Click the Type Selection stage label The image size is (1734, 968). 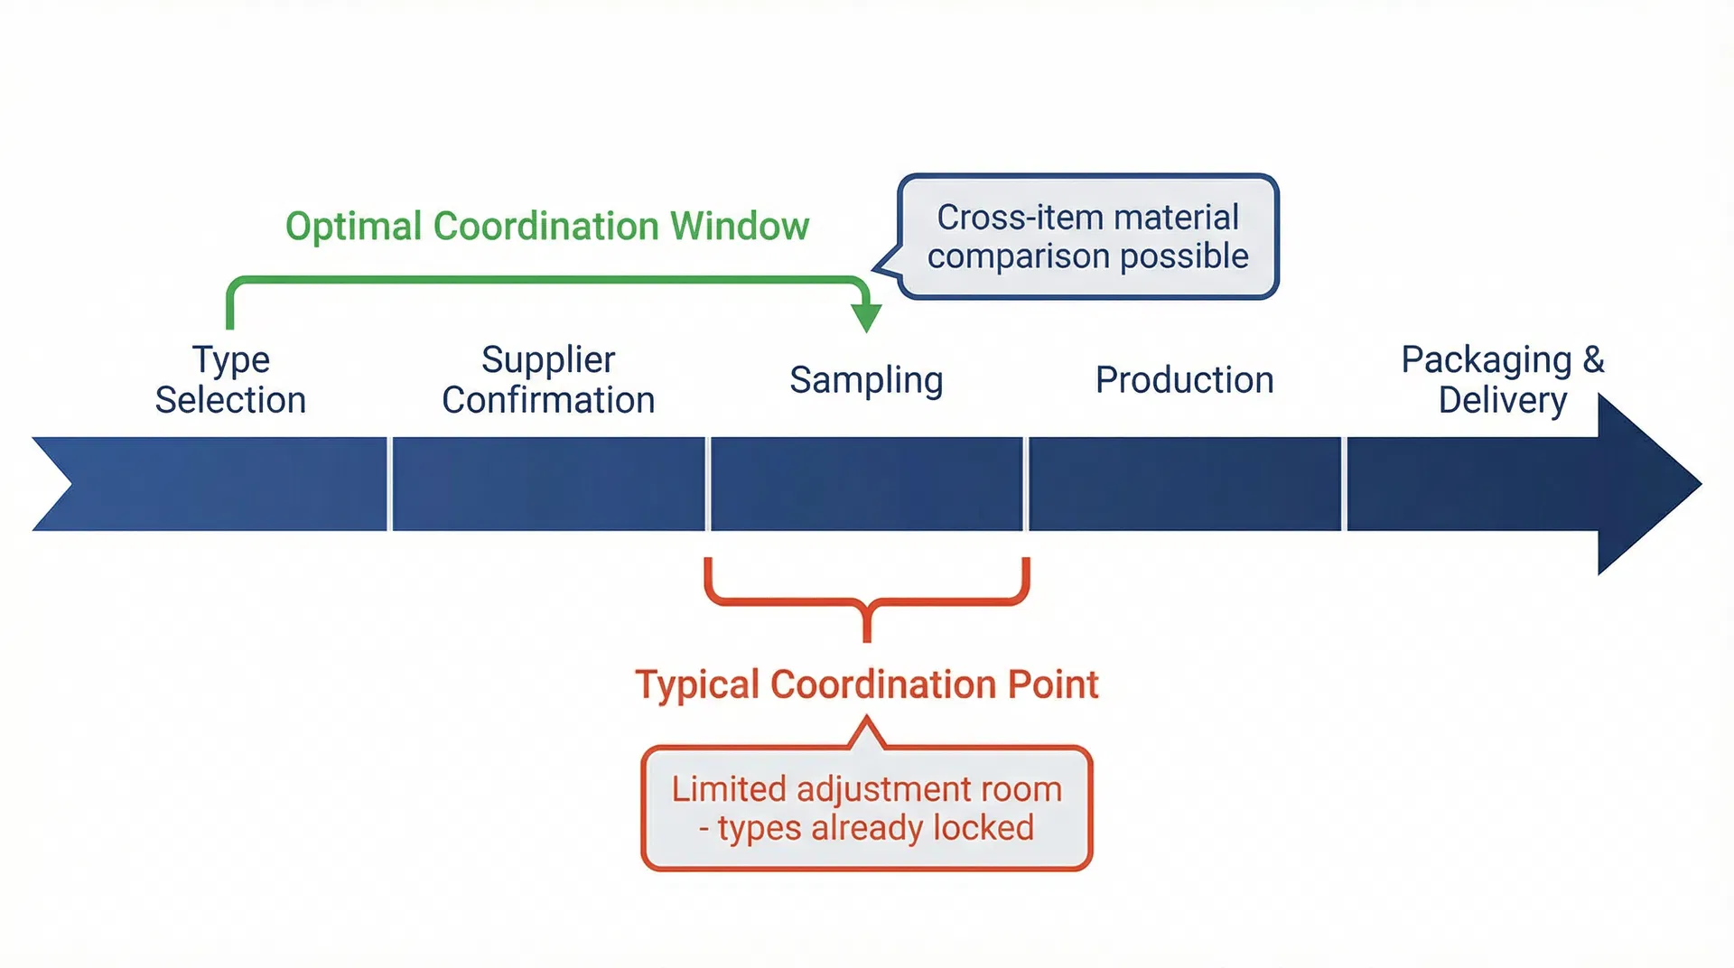pyautogui.click(x=230, y=379)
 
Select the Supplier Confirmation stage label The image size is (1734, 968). pyautogui.click(x=548, y=379)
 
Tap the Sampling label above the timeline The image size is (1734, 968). pyautogui.click(x=866, y=380)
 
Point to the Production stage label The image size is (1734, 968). pyautogui.click(x=1184, y=380)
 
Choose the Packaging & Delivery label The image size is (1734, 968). pyautogui.click(x=1502, y=379)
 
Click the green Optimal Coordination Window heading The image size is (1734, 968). pyautogui.click(x=547, y=226)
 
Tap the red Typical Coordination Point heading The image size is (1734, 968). pyautogui.click(x=866, y=684)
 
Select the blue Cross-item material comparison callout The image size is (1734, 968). pyautogui.click(x=1087, y=237)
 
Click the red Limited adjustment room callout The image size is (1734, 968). pyautogui.click(x=866, y=808)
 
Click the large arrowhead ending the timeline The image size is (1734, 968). pyautogui.click(x=1644, y=484)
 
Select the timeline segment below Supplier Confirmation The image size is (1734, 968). pyautogui.click(x=548, y=484)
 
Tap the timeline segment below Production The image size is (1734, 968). pyautogui.click(x=1184, y=484)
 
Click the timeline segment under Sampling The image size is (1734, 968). pyautogui.click(x=866, y=484)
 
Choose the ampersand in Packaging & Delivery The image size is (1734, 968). pyautogui.click(x=1593, y=359)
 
